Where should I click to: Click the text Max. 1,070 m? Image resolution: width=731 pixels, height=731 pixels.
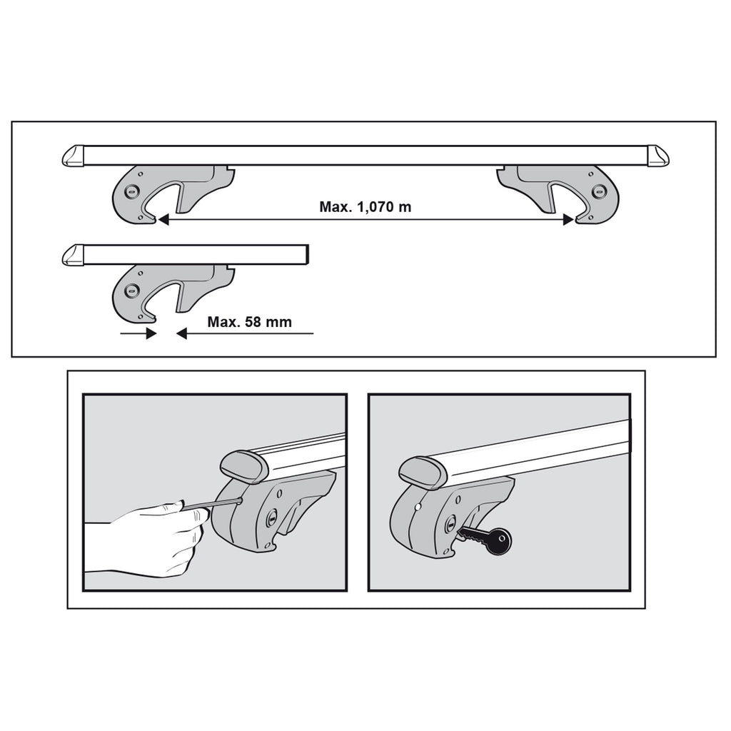tap(365, 206)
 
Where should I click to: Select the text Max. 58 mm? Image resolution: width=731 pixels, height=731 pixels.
tap(249, 322)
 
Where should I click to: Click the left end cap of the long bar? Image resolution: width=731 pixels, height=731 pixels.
tap(74, 156)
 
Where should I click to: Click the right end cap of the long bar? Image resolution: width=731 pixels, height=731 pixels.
tap(658, 156)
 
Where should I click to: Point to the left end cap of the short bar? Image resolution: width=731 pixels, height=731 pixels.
tap(74, 255)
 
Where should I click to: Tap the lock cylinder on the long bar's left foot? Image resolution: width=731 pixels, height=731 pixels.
tap(131, 191)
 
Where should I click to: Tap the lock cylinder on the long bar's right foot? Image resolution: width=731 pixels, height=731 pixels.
tap(598, 191)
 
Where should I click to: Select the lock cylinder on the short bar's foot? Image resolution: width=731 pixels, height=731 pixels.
tap(131, 291)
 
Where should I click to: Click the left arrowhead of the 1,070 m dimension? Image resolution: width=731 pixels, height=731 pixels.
tap(163, 220)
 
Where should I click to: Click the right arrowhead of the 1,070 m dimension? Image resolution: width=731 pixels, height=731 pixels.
tap(568, 220)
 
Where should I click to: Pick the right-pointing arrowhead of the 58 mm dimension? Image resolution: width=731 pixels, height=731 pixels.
tap(151, 333)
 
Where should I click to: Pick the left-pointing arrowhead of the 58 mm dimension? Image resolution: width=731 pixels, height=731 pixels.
tap(181, 333)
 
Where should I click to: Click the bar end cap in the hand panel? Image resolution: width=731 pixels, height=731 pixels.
tap(243, 466)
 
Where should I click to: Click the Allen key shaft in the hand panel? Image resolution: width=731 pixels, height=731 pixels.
tap(212, 504)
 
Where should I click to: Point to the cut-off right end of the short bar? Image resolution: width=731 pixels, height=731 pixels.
tap(307, 255)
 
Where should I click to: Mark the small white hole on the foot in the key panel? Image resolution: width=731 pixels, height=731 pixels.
tap(418, 506)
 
